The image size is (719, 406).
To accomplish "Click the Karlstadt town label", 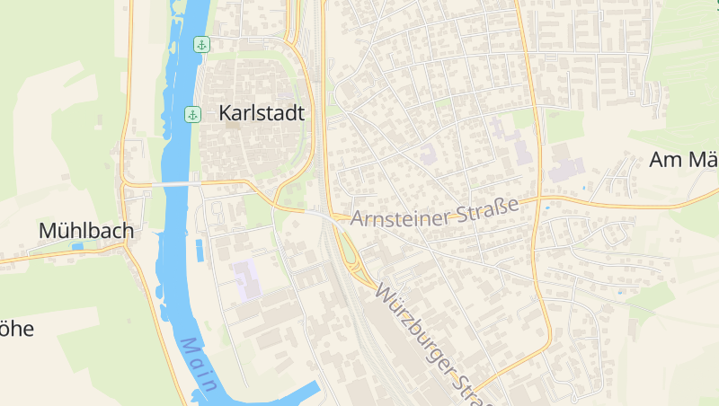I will pos(262,114).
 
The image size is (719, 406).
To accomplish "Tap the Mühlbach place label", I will pos(86,231).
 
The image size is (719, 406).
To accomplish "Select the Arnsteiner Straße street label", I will pos(435,212).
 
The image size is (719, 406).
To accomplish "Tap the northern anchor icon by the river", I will pos(201,44).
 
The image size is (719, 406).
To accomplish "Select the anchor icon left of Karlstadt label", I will pos(192,114).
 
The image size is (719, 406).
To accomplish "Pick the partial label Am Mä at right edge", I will pos(683,161).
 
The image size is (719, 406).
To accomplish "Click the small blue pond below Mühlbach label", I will pos(77,246).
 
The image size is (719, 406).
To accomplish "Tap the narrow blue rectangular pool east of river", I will pos(199,250).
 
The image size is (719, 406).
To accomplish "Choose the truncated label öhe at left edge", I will pos(16,329).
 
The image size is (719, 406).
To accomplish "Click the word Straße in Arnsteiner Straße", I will pos(491,207).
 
